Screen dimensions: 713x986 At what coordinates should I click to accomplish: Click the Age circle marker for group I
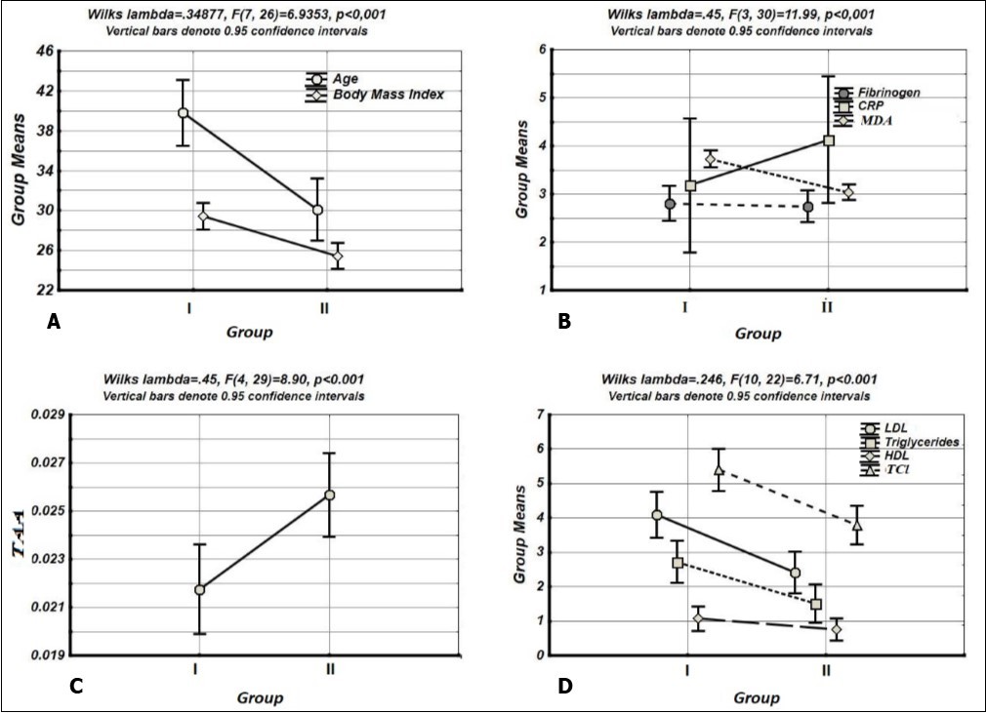[183, 113]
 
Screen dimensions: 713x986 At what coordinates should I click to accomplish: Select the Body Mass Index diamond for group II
[338, 257]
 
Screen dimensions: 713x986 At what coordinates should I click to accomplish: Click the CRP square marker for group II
[829, 140]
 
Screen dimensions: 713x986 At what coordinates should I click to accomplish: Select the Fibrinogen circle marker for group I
[670, 204]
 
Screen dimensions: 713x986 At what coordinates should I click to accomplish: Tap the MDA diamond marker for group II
[848, 193]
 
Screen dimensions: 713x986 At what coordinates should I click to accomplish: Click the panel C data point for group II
[330, 495]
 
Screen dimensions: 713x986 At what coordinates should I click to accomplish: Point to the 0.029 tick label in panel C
[44, 415]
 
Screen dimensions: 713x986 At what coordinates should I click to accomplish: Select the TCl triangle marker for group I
[719, 469]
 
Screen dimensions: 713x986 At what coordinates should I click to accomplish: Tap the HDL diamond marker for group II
[837, 630]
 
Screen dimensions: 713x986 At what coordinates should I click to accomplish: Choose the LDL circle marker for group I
[657, 515]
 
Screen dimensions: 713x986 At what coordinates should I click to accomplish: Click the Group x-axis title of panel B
[758, 334]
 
